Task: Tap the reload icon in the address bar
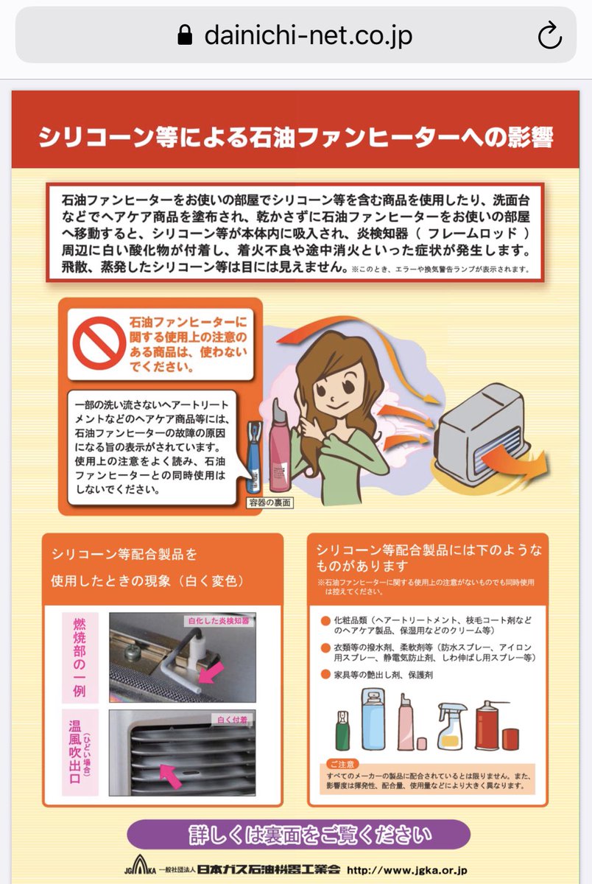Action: tap(550, 35)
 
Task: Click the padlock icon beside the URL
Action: tap(185, 35)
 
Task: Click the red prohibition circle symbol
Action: tap(98, 342)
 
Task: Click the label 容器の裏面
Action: tap(270, 503)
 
